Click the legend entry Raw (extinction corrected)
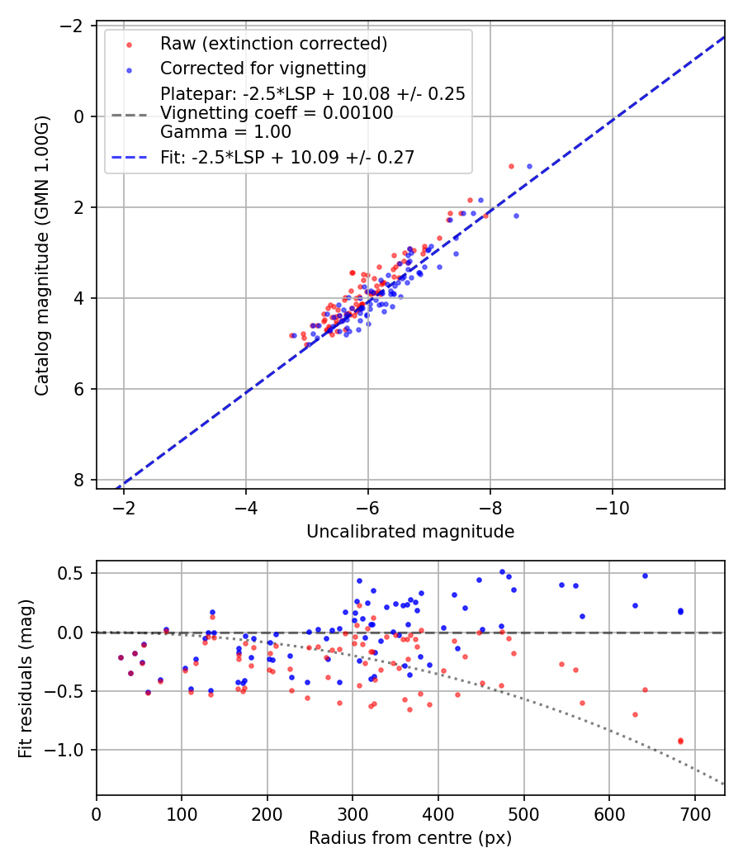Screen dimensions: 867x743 point(273,43)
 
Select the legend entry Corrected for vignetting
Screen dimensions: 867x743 point(263,68)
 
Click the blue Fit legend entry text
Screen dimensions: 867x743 point(286,157)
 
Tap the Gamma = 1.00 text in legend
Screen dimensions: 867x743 point(225,131)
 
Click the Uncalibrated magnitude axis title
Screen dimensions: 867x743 point(410,532)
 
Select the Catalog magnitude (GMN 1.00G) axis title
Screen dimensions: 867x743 point(42,256)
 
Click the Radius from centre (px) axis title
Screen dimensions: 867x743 point(410,838)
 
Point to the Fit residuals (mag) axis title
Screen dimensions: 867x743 point(26,678)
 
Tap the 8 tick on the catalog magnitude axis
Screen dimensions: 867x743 point(80,480)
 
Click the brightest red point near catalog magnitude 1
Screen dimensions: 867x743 point(511,166)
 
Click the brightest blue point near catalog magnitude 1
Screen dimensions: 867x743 point(529,166)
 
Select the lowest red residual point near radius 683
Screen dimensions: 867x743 point(680,741)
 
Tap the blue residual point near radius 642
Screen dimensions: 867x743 point(645,576)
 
